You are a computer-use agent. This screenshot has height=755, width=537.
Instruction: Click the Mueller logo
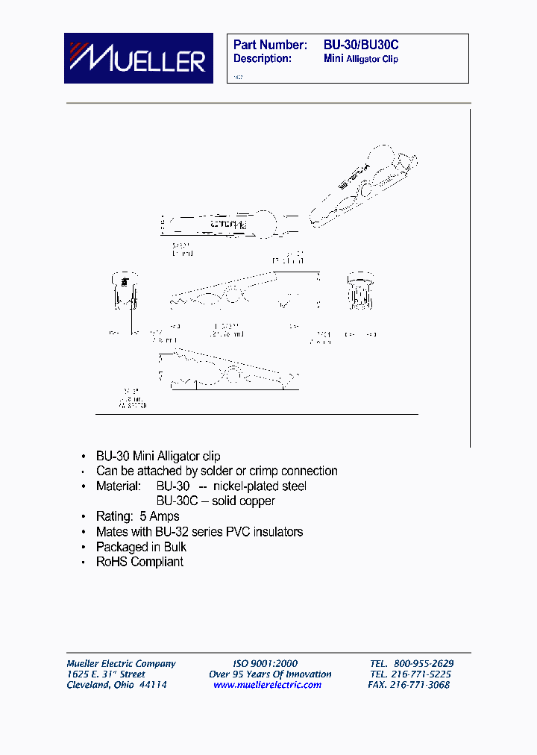pos(138,58)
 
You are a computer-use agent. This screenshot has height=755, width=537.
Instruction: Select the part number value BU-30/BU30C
pos(361,45)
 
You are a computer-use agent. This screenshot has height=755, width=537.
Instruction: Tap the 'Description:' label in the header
pos(262,59)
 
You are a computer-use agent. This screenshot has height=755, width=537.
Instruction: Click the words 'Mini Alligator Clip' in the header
pos(361,59)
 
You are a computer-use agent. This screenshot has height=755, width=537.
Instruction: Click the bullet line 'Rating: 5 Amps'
pos(137,516)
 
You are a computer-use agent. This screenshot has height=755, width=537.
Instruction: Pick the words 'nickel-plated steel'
pos(259,486)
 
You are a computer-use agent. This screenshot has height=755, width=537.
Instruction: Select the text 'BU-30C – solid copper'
pos(216,501)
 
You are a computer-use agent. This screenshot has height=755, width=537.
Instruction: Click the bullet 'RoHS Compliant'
pos(139,562)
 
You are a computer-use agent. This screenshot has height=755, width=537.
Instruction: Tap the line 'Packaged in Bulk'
pos(141,547)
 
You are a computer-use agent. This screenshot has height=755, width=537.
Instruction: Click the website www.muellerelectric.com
pos(268,685)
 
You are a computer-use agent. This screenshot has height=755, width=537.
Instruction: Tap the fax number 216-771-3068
pos(422,685)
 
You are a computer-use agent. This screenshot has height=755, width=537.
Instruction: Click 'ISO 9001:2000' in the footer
pos(265,663)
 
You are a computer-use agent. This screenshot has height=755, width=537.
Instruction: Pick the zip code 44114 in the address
pos(152,685)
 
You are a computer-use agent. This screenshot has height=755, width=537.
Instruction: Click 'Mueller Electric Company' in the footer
pos(122,663)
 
